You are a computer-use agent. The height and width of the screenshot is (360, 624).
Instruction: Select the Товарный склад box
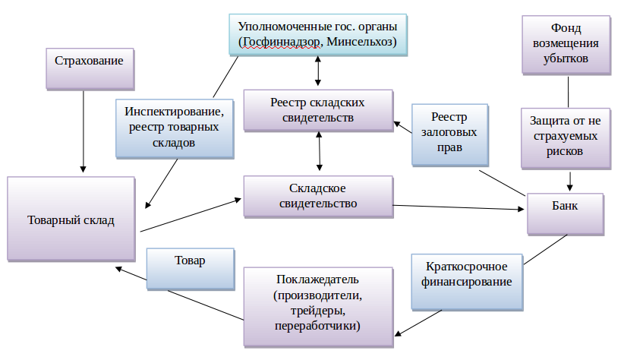coord(71,220)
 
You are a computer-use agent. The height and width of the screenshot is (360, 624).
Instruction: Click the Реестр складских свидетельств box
coord(318,109)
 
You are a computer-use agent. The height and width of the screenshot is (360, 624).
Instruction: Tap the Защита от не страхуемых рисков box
coord(566,137)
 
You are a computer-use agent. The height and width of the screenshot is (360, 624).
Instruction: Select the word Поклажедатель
coord(318,280)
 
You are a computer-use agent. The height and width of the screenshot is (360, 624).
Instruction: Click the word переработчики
coord(318,326)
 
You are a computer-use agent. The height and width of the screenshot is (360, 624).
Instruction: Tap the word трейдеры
coord(318,311)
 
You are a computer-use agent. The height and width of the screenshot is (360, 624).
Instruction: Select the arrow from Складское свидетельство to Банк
coord(459,207)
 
